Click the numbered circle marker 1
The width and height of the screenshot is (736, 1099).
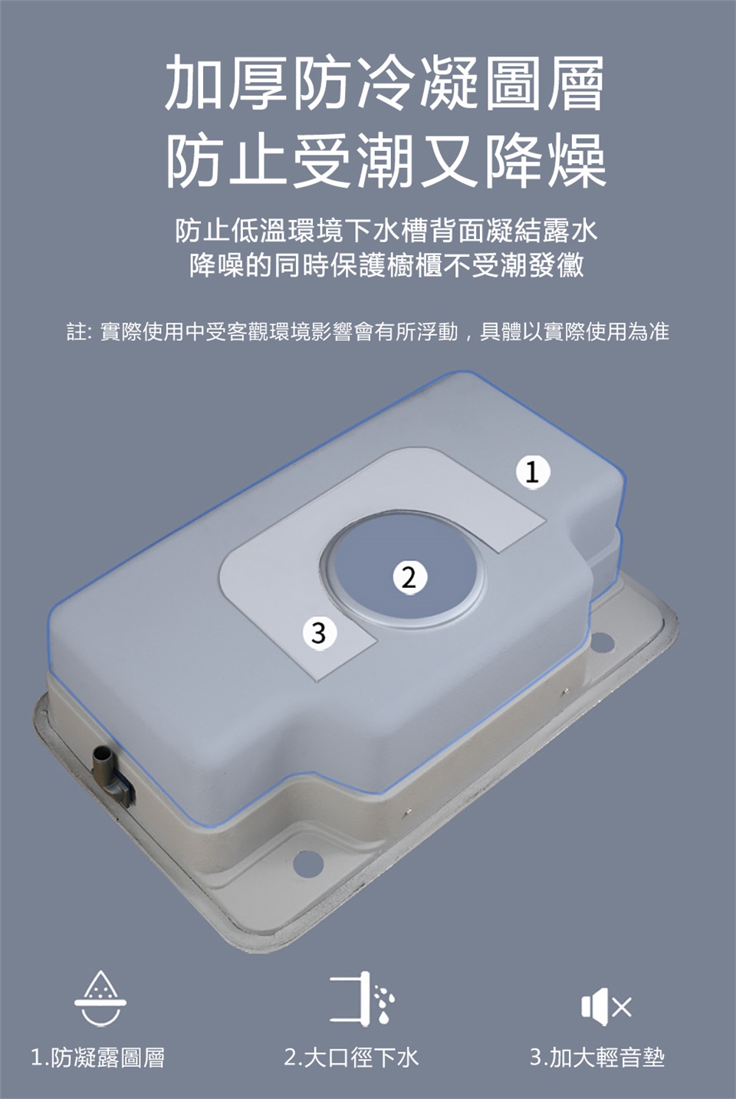(533, 472)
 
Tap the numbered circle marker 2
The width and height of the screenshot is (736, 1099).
(409, 577)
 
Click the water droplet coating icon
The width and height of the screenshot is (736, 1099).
(100, 998)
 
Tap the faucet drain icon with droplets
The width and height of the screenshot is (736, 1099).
(362, 998)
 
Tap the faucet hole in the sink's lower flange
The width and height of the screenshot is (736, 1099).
(307, 862)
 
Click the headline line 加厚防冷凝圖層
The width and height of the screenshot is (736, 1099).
(385, 84)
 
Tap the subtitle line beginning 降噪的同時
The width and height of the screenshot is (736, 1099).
(386, 265)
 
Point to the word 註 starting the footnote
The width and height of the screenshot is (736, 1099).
(77, 332)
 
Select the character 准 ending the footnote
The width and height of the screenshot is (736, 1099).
(659, 332)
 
